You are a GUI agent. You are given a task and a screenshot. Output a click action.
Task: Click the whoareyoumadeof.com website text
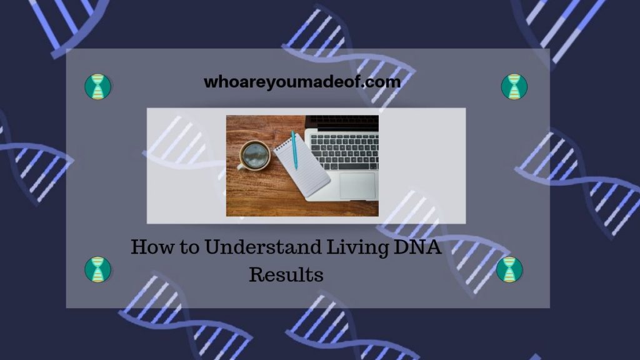point(302,82)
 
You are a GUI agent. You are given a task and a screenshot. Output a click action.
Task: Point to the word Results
point(286,274)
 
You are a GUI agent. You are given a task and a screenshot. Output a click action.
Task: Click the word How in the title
point(149,247)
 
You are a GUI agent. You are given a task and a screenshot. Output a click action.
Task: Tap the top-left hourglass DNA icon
point(97,87)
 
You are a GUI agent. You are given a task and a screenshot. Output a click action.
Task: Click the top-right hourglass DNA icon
point(514,86)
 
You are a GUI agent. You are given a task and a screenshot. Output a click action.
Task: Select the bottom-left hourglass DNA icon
point(97,269)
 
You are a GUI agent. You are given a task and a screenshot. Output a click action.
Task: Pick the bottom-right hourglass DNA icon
point(509,269)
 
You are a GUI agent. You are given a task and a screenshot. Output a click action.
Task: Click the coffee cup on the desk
point(255,154)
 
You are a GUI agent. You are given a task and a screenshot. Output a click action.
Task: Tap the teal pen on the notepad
point(294,150)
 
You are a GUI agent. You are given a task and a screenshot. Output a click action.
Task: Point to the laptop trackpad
point(358,185)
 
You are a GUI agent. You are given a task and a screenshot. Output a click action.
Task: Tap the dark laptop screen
point(342,122)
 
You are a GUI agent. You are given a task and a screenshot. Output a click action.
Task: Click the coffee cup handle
point(241,167)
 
